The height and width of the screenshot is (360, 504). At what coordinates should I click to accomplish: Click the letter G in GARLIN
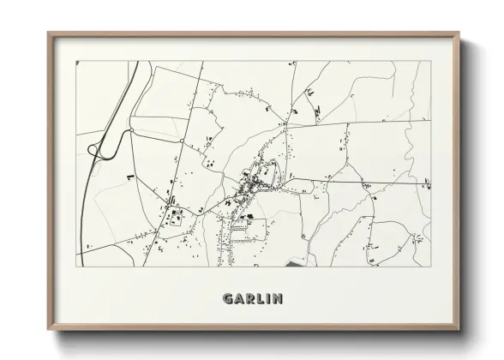[227, 299]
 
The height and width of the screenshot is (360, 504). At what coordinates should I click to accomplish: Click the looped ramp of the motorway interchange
[96, 150]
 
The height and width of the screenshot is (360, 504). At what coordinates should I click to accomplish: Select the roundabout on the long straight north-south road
[182, 140]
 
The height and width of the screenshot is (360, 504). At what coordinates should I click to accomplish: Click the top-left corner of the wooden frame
[48, 33]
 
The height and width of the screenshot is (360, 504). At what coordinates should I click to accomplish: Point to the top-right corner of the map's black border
[430, 61]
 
